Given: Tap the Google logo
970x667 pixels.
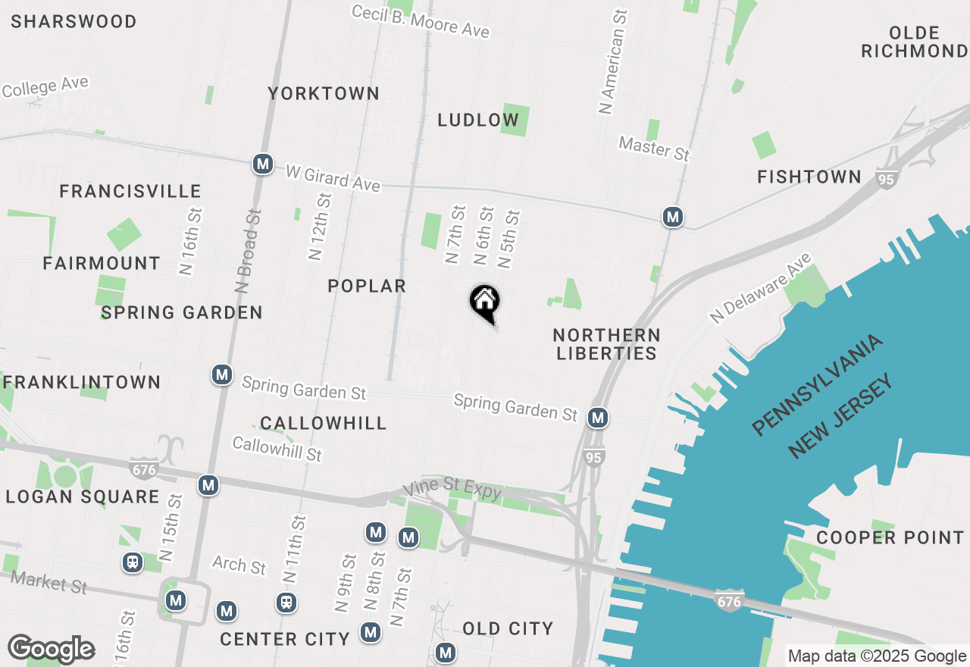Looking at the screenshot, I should click(x=51, y=650).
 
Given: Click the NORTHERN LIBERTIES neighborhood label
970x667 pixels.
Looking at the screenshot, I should click(x=606, y=344).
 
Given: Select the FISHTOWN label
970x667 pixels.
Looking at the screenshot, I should click(x=809, y=177).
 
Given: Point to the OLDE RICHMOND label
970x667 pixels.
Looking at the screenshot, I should click(x=915, y=42).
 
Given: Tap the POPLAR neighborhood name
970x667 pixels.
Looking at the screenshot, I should click(x=367, y=286).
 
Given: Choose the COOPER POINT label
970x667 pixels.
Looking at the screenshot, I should click(x=890, y=537).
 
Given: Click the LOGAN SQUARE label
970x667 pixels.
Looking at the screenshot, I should click(x=83, y=497).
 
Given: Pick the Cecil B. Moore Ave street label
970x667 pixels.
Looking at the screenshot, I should click(x=421, y=21).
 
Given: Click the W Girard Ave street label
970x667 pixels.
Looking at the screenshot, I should click(x=333, y=178).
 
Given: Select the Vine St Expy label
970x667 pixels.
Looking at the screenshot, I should click(x=452, y=491).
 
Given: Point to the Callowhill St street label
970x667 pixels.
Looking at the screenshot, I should click(x=277, y=449).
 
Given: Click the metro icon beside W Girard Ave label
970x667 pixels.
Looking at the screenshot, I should click(x=263, y=164).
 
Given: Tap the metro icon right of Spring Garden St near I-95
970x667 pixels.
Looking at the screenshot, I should click(x=598, y=417).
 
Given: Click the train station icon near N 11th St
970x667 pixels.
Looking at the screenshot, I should click(x=286, y=603).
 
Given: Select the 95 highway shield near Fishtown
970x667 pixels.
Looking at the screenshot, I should click(x=885, y=180).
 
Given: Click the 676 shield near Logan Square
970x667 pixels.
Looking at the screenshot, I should click(x=143, y=469).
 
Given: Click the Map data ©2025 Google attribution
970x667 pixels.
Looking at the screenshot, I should click(x=877, y=656).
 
